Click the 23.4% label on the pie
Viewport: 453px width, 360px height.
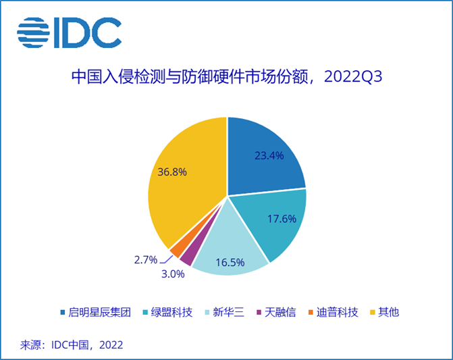(x=269, y=156)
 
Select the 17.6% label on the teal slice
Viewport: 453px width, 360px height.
(x=282, y=219)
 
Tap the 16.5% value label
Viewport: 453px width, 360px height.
(x=230, y=262)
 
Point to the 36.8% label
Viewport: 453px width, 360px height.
(x=172, y=172)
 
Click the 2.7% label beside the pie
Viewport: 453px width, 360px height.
(x=146, y=260)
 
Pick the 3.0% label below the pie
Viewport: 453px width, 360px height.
(x=173, y=274)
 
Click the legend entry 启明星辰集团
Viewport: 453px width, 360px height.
(x=96, y=312)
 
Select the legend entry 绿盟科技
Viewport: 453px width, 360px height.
(x=167, y=312)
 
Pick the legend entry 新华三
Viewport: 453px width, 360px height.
(x=225, y=312)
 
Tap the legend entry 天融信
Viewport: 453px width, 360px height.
(x=276, y=312)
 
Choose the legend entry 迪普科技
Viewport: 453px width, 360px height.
(x=334, y=312)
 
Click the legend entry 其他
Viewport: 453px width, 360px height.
(x=385, y=312)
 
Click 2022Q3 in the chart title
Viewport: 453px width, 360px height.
(x=353, y=77)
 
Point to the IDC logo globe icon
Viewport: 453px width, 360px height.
(x=33, y=32)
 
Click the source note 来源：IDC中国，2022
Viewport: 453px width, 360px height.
(x=72, y=345)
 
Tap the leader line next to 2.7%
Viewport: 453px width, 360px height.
(x=166, y=260)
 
